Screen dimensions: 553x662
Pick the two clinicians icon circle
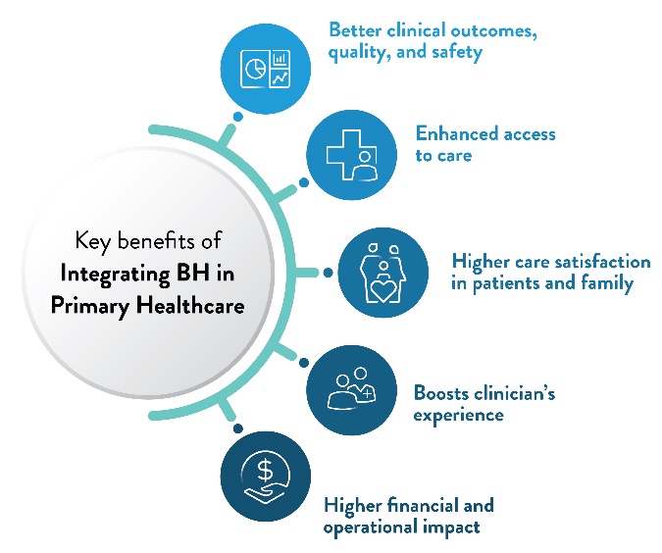click(x=348, y=388)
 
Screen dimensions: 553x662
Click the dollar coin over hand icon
click(x=265, y=474)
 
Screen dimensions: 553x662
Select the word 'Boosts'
click(x=442, y=393)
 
